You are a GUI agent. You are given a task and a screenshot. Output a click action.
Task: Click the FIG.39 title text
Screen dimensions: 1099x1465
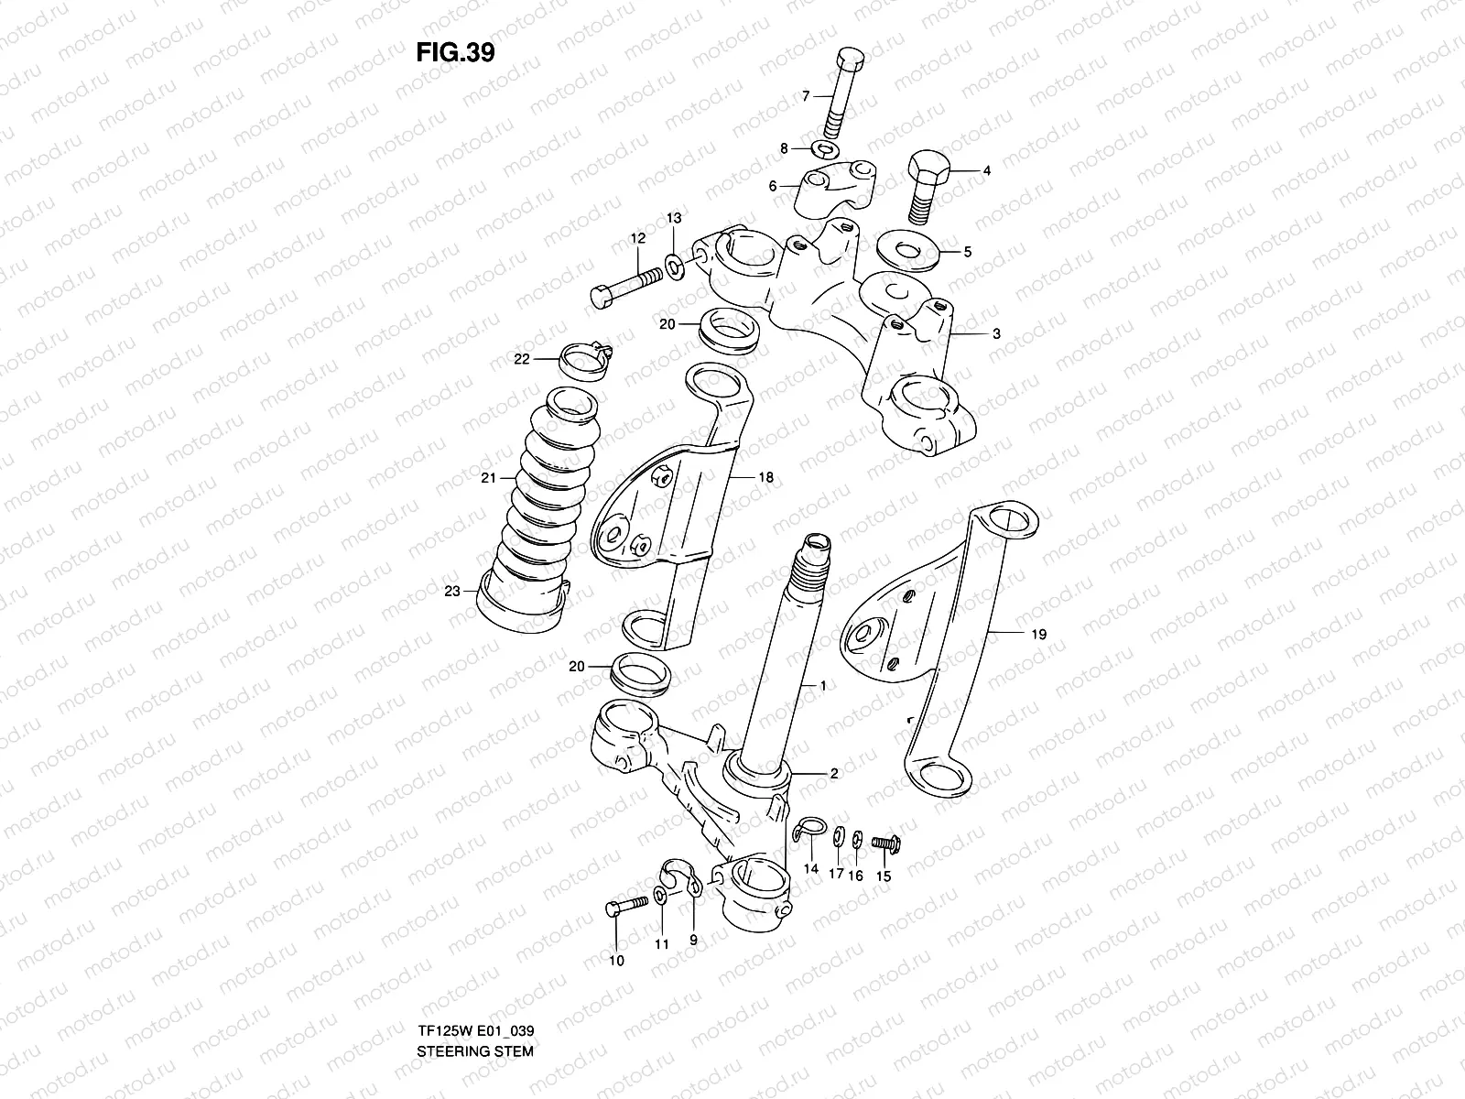[x=455, y=53]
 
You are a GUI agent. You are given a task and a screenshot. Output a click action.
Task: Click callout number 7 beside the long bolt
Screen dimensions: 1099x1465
[x=806, y=95]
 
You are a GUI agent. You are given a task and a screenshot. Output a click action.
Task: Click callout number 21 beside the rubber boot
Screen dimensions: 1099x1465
[x=487, y=478]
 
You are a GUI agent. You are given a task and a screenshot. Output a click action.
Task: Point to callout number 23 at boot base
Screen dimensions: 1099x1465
[x=451, y=592]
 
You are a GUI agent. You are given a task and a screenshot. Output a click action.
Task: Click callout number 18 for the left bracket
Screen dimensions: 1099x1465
[x=765, y=477]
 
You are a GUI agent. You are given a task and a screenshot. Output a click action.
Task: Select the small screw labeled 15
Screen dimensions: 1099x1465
[x=883, y=840]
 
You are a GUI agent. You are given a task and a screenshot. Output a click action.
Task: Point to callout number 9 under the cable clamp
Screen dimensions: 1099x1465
[x=693, y=940]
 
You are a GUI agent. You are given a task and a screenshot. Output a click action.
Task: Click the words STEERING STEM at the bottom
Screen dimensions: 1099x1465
[x=474, y=1000]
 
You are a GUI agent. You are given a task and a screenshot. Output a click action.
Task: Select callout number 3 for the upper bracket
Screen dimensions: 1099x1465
[x=995, y=334]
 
